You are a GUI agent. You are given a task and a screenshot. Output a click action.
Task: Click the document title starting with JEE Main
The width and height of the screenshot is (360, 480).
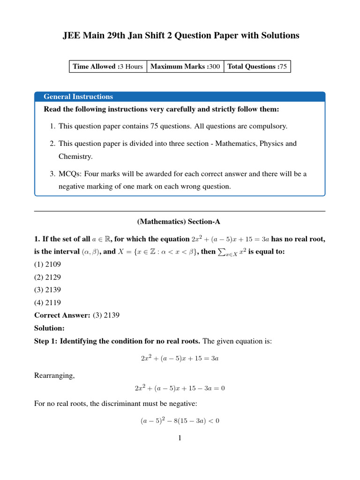(180, 36)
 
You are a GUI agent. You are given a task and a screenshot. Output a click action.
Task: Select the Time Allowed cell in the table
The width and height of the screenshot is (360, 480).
(108, 67)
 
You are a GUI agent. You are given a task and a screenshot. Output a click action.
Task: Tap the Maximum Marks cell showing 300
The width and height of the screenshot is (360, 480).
(185, 67)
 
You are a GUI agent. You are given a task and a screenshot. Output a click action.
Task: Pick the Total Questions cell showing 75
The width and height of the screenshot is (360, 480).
(257, 67)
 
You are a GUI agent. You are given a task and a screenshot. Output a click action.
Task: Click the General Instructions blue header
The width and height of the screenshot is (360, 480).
(78, 97)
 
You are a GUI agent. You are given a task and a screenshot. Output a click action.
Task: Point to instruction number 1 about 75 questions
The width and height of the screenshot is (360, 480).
(169, 127)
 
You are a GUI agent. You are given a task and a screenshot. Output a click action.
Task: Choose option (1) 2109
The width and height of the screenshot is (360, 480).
(47, 264)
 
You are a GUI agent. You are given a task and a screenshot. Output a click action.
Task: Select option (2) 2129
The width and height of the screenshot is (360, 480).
(47, 277)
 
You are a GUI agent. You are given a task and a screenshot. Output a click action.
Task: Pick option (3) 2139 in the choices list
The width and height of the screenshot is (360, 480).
(47, 290)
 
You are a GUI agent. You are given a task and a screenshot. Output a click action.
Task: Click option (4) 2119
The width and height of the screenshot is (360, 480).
(47, 302)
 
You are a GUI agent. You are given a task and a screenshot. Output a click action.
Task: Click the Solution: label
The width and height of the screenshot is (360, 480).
(49, 328)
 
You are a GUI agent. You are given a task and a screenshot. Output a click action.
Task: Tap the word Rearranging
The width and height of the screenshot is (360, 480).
(54, 375)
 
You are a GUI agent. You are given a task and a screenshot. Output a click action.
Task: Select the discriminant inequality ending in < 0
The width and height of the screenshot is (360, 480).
(180, 421)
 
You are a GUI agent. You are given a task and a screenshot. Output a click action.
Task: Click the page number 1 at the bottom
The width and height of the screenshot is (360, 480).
(180, 438)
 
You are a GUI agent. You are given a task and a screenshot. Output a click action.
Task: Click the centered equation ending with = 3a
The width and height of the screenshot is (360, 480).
(180, 358)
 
